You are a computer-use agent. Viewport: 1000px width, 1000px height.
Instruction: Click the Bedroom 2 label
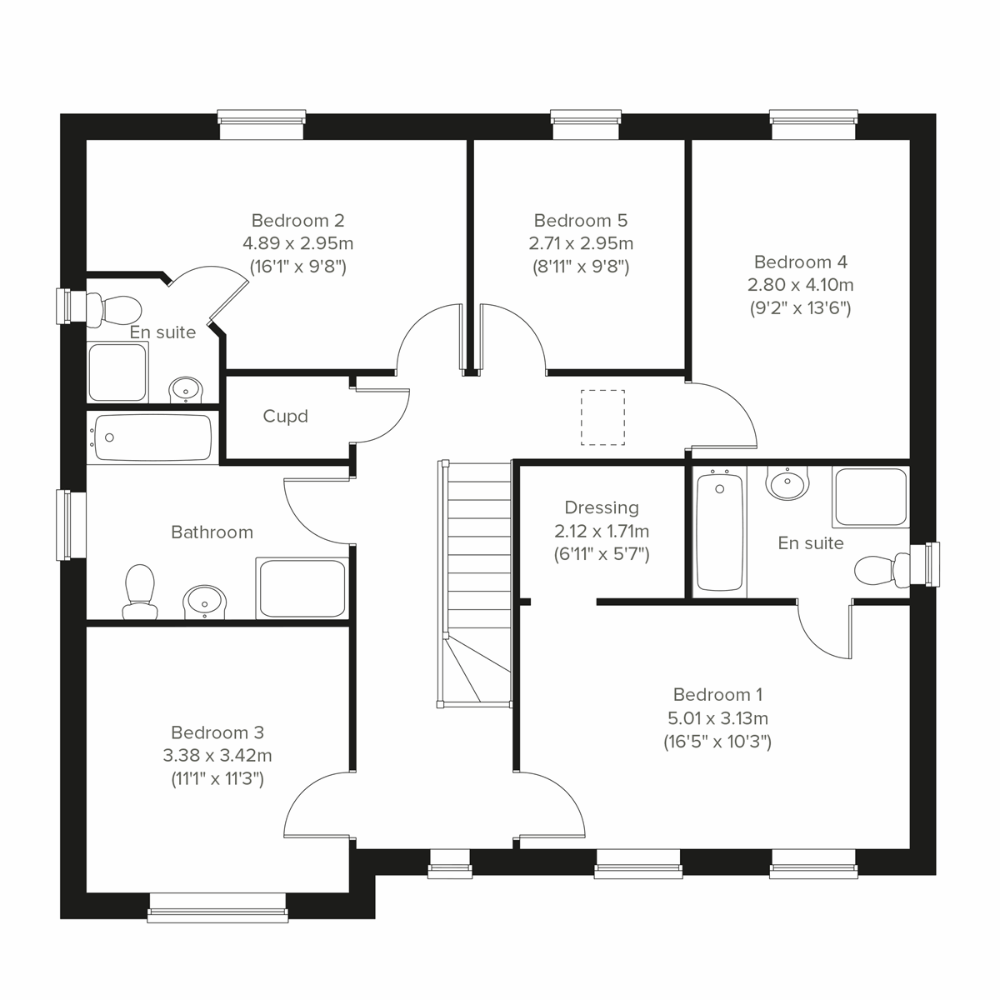click(297, 221)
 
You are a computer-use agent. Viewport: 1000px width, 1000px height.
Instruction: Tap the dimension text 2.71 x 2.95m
click(580, 243)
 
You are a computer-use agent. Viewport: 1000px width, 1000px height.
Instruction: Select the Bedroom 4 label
click(800, 262)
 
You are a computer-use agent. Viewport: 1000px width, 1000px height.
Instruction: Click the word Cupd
click(285, 416)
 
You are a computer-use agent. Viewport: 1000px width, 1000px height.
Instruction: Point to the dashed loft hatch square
click(602, 417)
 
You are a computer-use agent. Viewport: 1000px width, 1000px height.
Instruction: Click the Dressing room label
click(601, 507)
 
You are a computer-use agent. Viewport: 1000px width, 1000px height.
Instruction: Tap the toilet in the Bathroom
click(139, 591)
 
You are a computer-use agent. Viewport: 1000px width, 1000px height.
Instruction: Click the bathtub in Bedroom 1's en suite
click(718, 531)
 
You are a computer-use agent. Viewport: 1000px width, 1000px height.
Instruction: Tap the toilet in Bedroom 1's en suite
click(875, 572)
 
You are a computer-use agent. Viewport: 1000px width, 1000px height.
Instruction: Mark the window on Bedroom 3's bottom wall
click(217, 907)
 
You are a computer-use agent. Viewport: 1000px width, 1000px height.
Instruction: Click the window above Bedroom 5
click(587, 125)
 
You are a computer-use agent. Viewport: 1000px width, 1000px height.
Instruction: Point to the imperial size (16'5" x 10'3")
click(717, 742)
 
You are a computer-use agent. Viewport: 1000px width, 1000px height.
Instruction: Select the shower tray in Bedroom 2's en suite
click(117, 372)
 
